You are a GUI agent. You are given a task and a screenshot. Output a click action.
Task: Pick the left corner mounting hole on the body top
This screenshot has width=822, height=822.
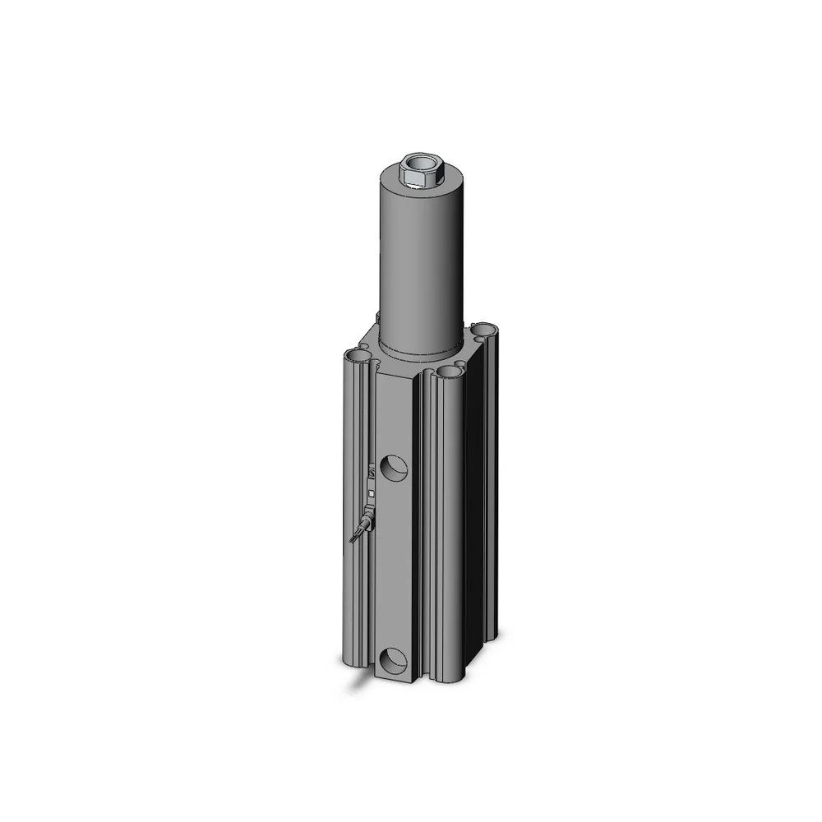(358, 356)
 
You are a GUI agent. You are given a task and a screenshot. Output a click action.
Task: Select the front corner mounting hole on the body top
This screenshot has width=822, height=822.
(450, 372)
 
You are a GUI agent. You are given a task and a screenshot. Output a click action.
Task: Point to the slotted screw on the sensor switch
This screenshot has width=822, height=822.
(372, 474)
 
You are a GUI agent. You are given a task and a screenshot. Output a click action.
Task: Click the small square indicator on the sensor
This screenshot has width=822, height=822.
(372, 493)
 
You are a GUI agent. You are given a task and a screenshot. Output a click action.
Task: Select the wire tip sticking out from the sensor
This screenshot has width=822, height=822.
(353, 538)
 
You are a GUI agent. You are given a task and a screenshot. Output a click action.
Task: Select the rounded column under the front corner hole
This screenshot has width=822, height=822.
(448, 526)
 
